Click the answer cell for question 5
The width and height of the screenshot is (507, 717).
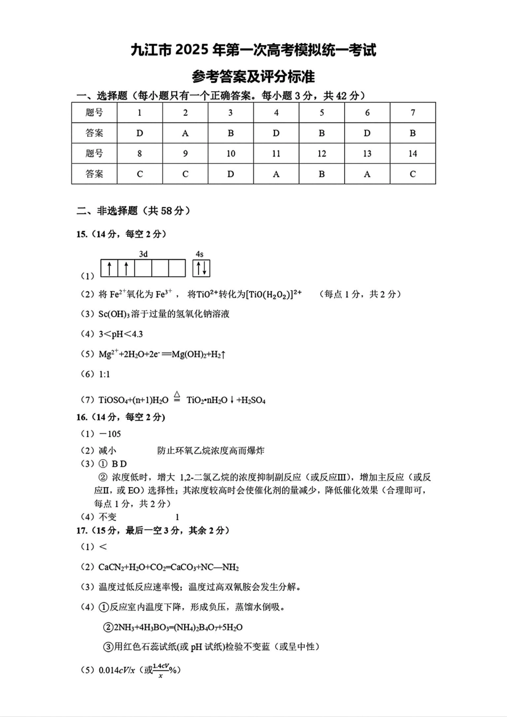(x=321, y=133)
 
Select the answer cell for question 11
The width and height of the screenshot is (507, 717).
(x=276, y=174)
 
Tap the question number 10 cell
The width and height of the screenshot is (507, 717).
(x=231, y=154)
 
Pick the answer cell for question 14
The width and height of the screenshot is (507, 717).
(x=413, y=174)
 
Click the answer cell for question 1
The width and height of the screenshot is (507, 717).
(x=140, y=133)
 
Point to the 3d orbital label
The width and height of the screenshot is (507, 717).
(x=143, y=254)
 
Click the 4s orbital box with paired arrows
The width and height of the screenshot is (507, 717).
(x=201, y=268)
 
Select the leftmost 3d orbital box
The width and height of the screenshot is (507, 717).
(x=109, y=268)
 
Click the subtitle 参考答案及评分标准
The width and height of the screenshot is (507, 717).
(x=253, y=76)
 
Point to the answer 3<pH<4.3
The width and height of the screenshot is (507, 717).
(x=121, y=334)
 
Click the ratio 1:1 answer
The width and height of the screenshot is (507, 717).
(x=105, y=374)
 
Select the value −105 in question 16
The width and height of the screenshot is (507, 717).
(x=110, y=434)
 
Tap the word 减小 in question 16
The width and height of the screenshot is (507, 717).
(x=107, y=451)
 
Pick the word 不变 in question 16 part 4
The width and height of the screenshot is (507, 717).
(x=107, y=517)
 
